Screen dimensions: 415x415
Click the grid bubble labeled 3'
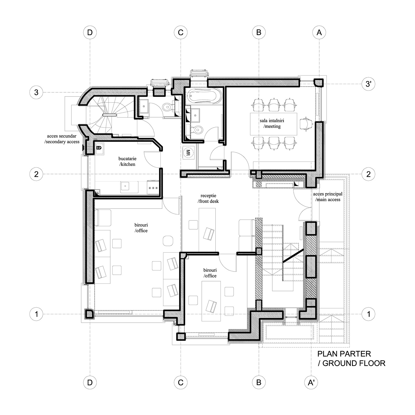click(x=369, y=84)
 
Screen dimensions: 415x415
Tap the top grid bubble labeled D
click(x=90, y=32)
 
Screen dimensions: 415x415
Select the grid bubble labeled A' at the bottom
click(x=311, y=383)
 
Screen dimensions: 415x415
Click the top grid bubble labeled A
click(x=319, y=32)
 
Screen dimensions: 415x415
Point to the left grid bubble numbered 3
click(x=36, y=92)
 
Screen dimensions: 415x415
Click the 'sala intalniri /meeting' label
click(x=272, y=123)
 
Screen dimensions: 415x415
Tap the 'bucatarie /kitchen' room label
click(x=127, y=161)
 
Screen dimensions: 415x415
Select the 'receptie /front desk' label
click(x=208, y=198)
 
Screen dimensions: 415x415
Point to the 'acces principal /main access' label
click(x=328, y=197)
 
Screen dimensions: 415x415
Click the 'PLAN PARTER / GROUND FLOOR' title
click(x=351, y=358)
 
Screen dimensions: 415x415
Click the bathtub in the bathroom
click(x=205, y=96)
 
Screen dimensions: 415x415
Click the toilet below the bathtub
click(x=198, y=129)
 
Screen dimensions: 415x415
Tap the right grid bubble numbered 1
click(x=369, y=314)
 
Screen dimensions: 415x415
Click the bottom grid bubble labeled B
click(x=259, y=383)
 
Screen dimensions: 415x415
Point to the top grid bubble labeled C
click(x=181, y=32)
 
